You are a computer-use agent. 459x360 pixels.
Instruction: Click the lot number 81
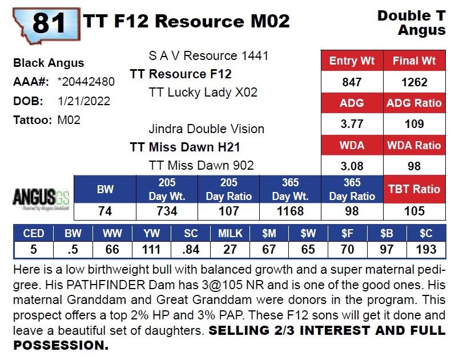point(49,22)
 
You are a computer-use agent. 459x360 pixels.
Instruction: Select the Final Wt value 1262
point(414,82)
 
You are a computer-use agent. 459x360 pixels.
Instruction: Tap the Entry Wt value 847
point(352,82)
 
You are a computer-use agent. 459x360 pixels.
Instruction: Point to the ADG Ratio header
point(414,103)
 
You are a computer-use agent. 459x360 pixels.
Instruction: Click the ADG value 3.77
point(352,124)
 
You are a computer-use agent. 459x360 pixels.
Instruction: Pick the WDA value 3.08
point(352,166)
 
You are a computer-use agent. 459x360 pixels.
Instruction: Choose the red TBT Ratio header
point(414,189)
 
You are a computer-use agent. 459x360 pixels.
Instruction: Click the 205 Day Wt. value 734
point(167,211)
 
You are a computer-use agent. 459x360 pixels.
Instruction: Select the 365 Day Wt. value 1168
point(291,211)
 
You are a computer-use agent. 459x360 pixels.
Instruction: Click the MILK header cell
point(230,234)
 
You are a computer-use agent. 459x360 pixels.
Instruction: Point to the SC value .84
point(191,249)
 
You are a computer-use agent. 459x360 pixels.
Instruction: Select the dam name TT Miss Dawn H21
point(185,147)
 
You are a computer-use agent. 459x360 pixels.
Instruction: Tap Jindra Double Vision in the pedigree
point(206,129)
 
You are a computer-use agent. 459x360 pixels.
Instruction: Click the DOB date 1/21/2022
point(84,101)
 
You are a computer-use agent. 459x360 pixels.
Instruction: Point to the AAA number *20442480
point(86,82)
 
